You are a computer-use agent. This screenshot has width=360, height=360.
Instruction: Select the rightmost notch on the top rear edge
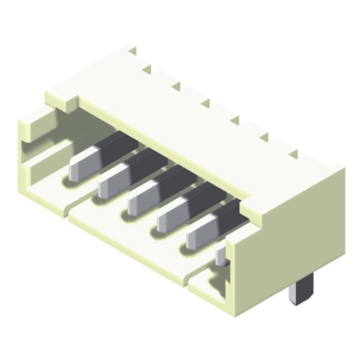coord(293,153)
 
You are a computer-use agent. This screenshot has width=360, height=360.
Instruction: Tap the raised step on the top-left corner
coord(61,97)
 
